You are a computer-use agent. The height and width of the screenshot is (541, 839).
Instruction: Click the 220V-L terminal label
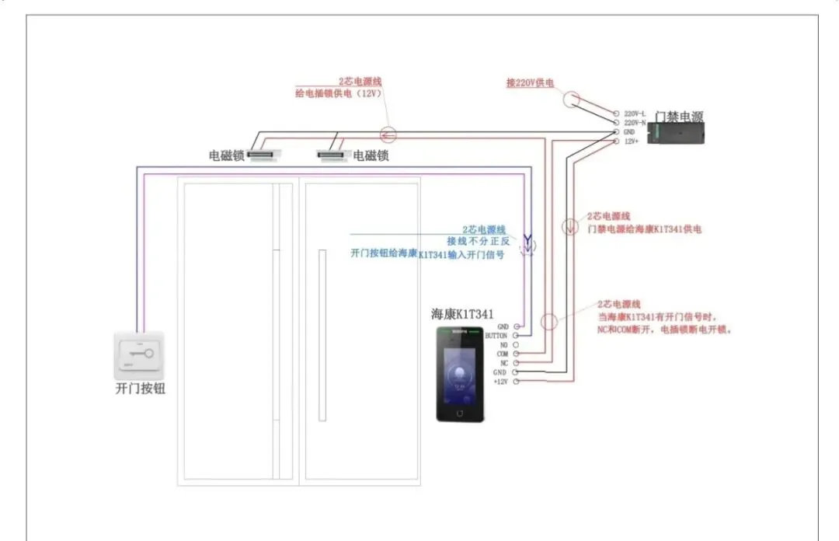point(635,113)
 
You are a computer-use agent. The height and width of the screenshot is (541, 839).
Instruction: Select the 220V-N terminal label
point(635,123)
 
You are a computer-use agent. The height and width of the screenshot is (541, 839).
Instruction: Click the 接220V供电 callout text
point(530,82)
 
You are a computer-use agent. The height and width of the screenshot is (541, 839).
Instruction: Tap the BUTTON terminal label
point(496,336)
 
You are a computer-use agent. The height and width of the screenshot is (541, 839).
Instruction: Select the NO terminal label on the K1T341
point(503,344)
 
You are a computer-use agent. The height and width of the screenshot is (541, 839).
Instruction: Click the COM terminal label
point(502,354)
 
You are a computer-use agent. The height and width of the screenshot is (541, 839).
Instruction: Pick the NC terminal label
point(503,363)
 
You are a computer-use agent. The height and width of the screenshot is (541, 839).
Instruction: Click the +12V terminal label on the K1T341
point(500,382)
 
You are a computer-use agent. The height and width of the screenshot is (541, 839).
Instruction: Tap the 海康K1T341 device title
point(462,314)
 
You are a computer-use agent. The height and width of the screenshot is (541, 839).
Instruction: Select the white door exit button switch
point(141,355)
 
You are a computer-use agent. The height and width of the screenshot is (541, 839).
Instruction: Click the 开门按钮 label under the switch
point(141,389)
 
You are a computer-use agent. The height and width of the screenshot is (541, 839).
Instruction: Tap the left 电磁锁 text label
point(227,155)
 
